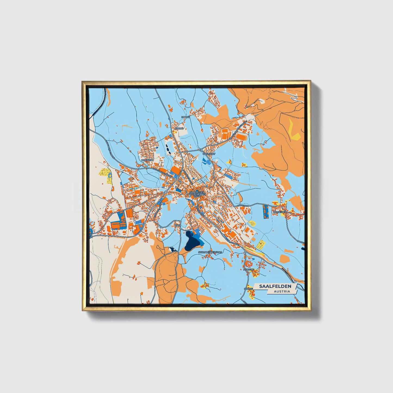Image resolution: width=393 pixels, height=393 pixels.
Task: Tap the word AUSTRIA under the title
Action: point(282,291)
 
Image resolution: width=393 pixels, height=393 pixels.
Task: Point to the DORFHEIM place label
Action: point(147,160)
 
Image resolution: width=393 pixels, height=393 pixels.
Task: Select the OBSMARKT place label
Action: point(209,154)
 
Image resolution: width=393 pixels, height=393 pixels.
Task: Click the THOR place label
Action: point(178,225)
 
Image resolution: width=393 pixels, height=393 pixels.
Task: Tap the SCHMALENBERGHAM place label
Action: point(211,252)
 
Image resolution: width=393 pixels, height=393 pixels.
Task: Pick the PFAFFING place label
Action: point(249,270)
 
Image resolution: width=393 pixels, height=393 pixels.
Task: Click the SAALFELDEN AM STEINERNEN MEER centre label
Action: point(196,194)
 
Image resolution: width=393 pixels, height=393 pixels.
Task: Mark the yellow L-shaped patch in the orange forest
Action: point(294,130)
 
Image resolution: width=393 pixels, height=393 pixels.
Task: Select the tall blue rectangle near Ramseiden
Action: point(265,212)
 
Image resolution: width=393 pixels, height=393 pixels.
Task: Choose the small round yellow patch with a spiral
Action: point(252,223)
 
